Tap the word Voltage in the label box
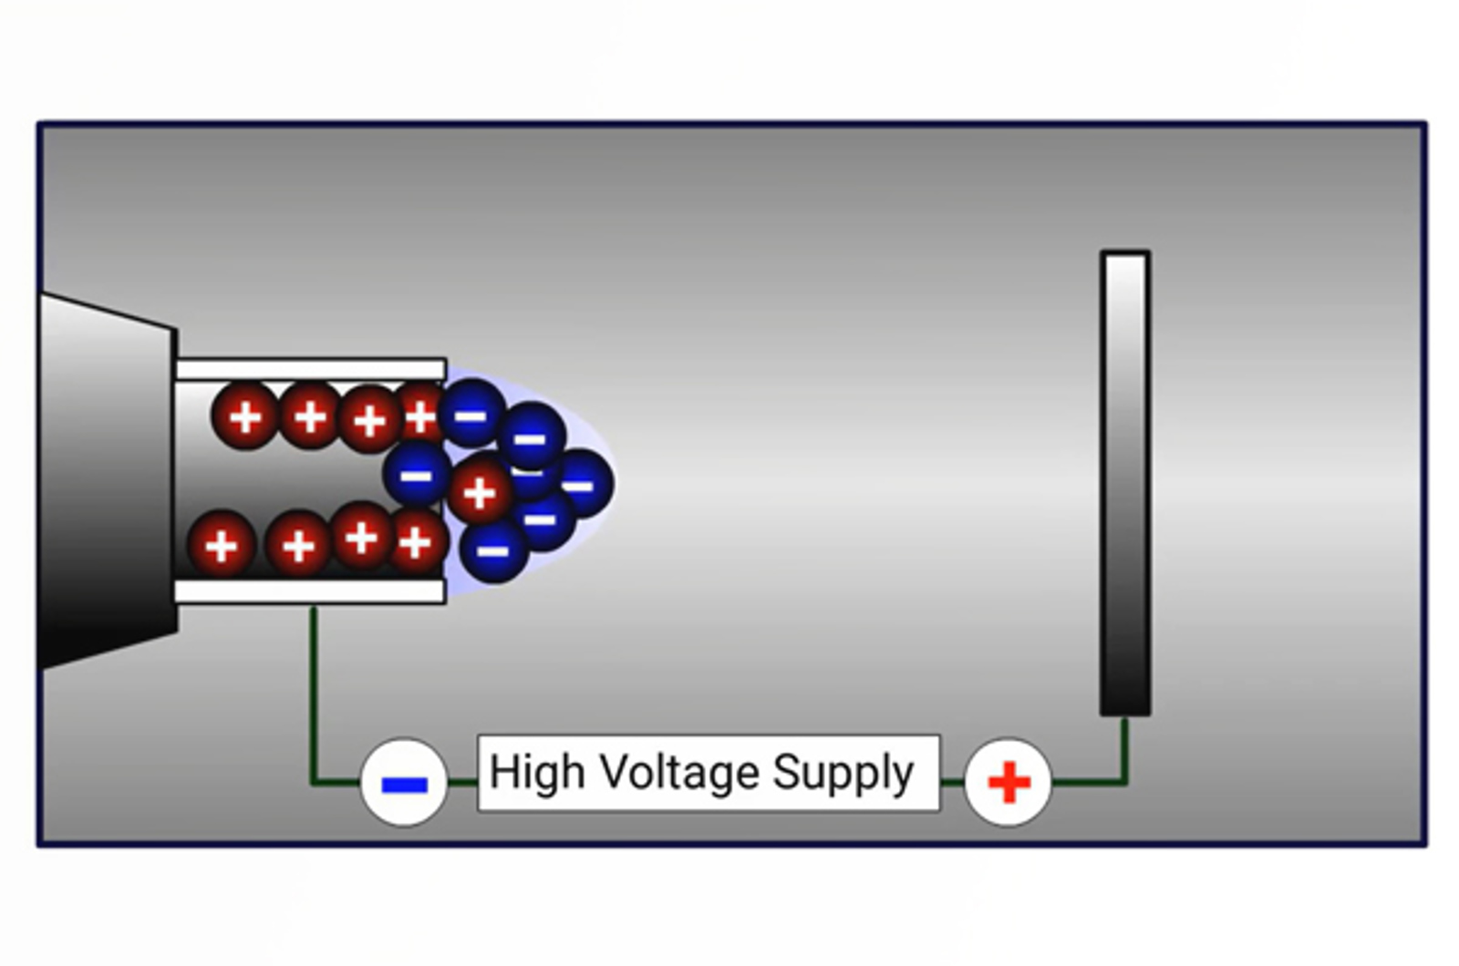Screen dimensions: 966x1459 679,774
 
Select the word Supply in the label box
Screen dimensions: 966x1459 843,774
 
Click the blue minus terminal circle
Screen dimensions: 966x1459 404,783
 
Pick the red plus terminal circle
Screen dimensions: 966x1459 1008,783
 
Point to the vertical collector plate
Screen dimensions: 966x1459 1125,483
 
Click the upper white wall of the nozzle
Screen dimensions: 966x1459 310,369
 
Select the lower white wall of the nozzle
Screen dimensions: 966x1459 310,591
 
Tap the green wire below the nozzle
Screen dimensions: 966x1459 313,693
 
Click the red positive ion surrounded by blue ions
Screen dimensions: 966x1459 479,492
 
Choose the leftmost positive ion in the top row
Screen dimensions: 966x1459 244,416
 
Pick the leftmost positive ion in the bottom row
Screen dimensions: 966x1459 221,545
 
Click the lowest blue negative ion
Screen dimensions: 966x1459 493,550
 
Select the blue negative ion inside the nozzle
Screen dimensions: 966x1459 416,474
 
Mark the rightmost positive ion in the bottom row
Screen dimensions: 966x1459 418,542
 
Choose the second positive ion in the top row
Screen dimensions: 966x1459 309,416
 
